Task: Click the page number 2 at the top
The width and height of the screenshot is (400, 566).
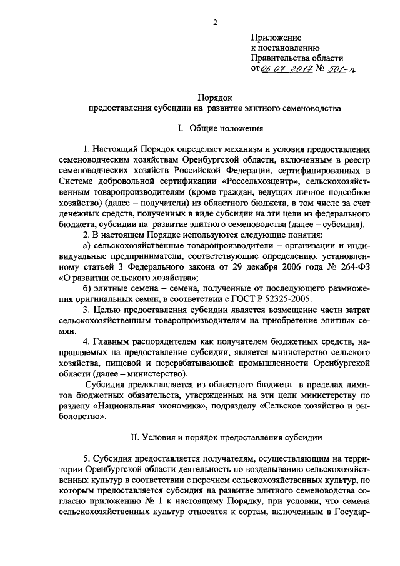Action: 214,24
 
